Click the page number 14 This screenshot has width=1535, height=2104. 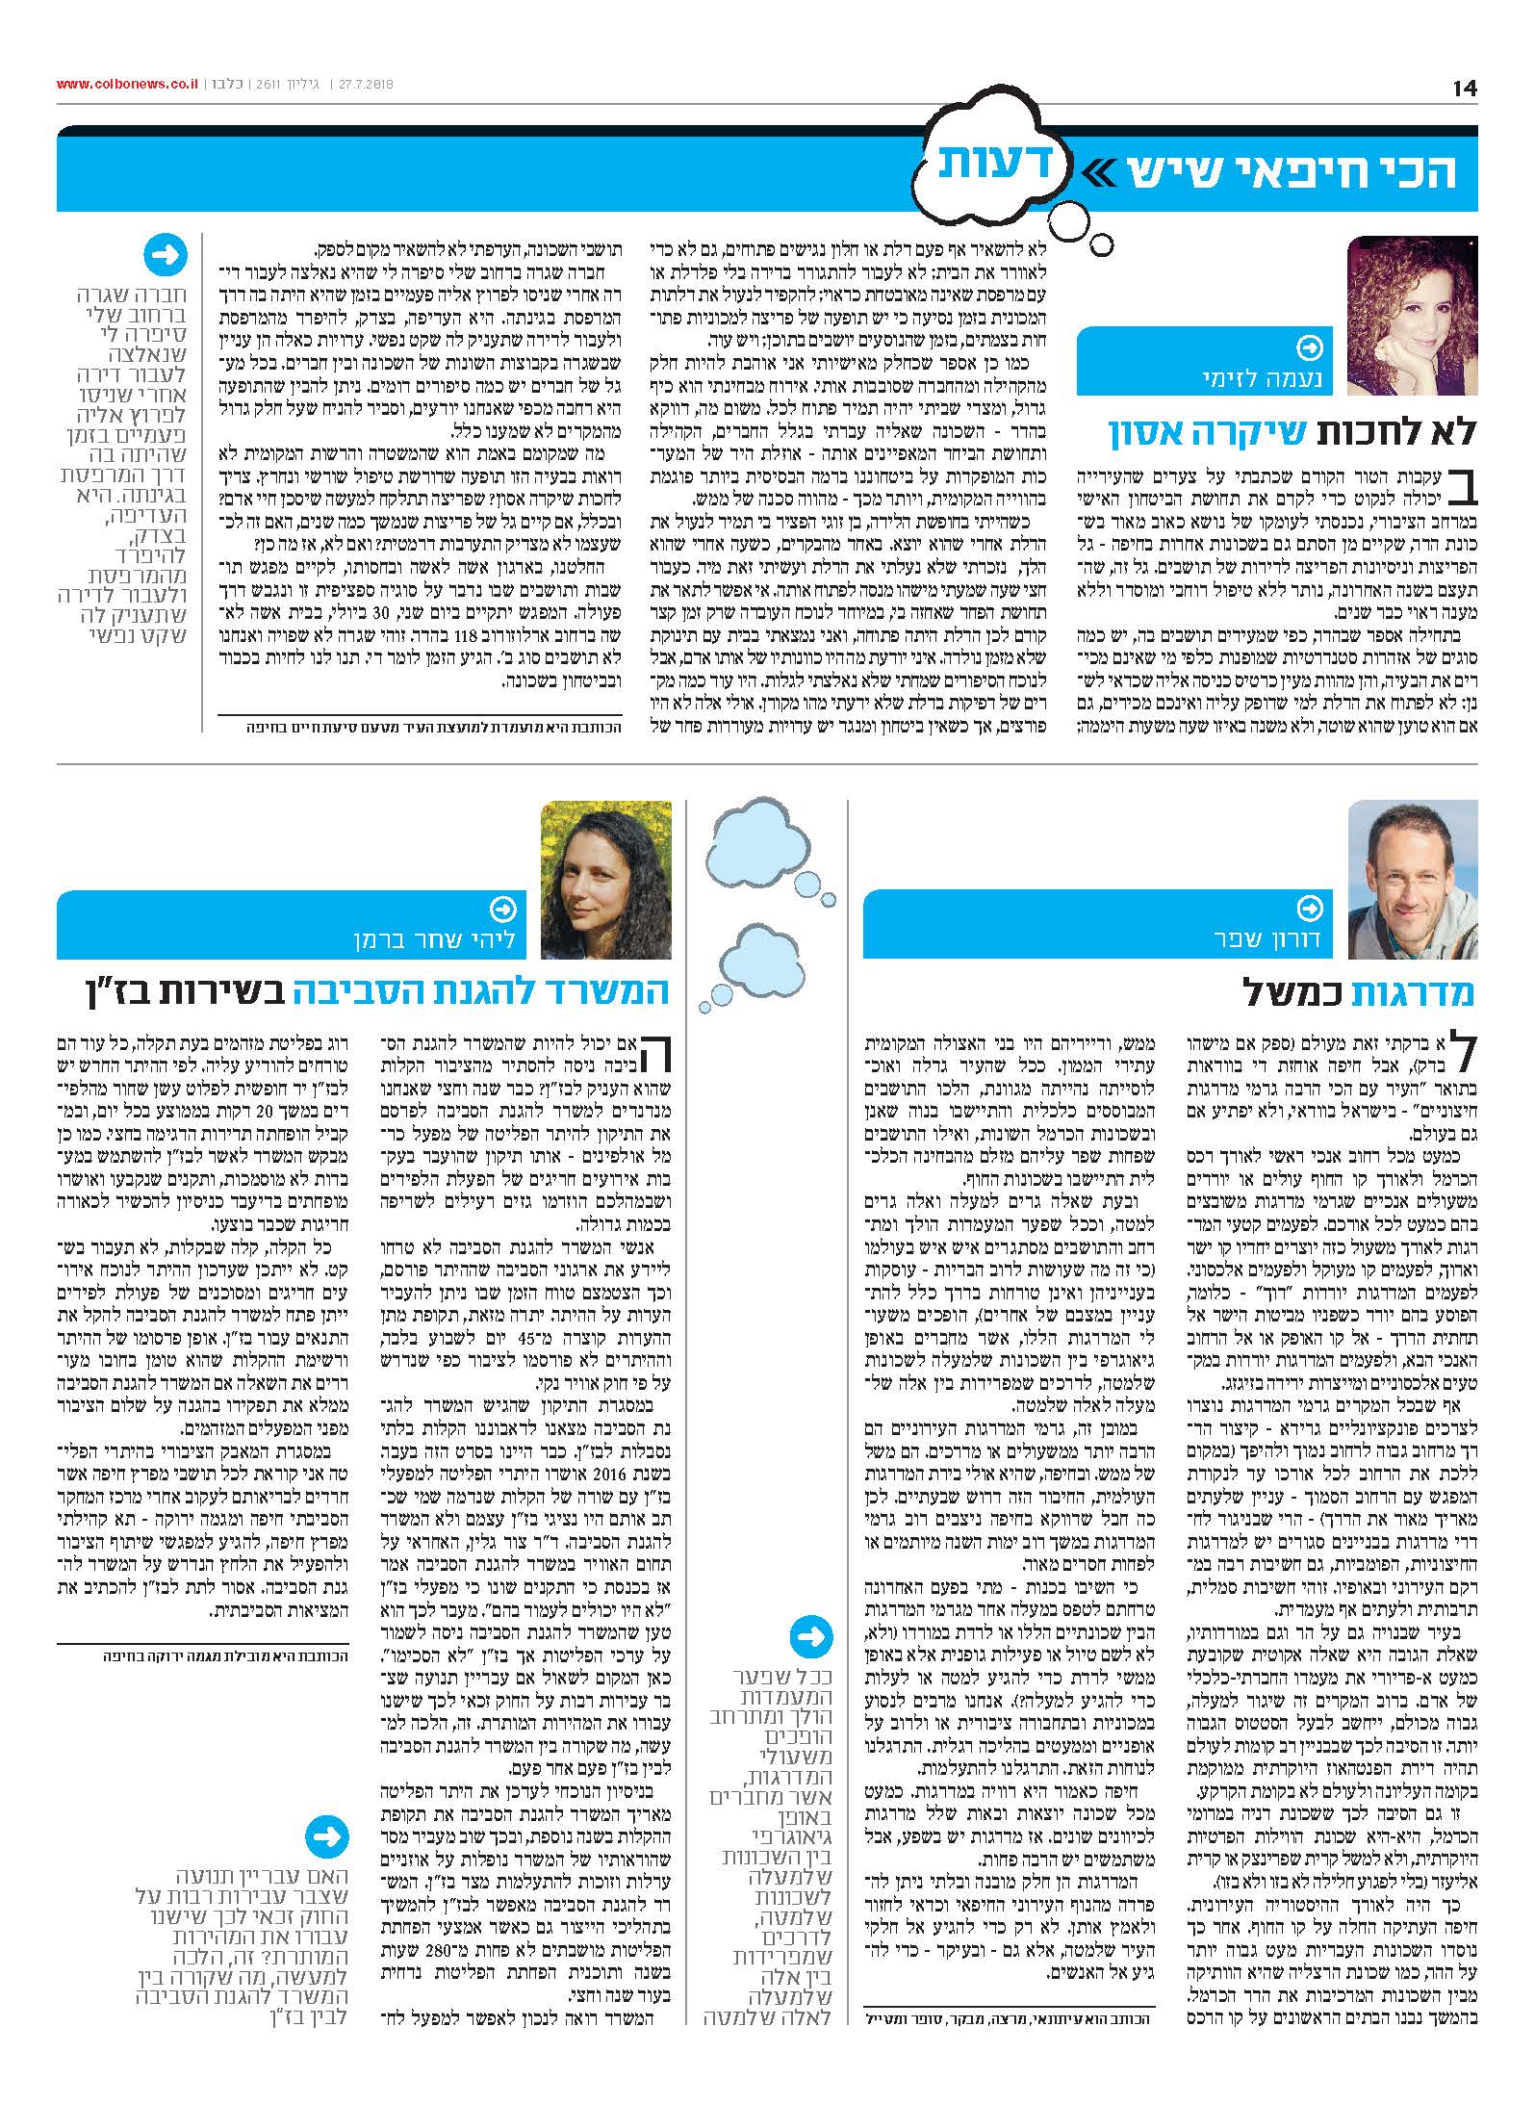[x=1464, y=89]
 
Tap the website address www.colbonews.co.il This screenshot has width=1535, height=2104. [x=127, y=85]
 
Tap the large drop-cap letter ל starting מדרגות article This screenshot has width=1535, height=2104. [x=1458, y=1056]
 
